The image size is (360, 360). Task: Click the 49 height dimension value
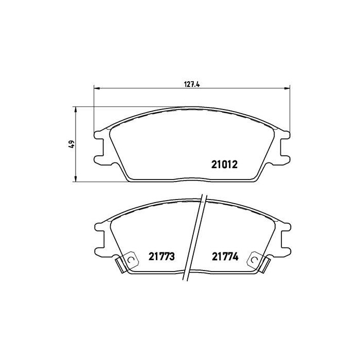point(71,144)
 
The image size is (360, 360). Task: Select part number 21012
point(224,165)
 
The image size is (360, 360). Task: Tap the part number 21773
point(163,255)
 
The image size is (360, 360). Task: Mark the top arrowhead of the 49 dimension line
point(76,109)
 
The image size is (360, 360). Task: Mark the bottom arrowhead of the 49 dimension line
point(76,179)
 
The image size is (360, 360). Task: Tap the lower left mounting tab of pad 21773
point(100,248)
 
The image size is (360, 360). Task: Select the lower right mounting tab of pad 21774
point(284,248)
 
